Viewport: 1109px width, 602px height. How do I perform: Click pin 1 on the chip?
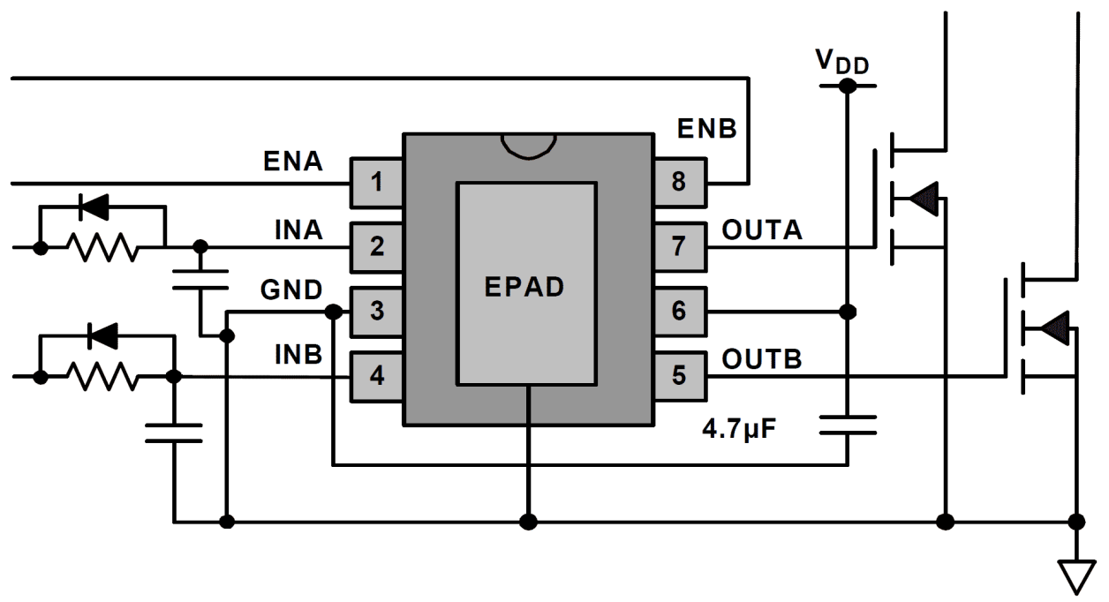click(377, 183)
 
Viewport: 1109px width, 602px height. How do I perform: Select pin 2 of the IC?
click(377, 246)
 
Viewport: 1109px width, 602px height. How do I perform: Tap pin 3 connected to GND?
click(377, 312)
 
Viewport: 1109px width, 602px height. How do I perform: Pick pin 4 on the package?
click(377, 376)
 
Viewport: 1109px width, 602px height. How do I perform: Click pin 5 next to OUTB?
click(678, 376)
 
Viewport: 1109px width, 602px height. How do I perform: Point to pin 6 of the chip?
click(678, 312)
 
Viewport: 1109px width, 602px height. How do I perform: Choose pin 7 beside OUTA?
click(678, 246)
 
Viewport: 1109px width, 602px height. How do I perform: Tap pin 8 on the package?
click(678, 183)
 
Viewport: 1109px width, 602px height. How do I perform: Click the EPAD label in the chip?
click(524, 288)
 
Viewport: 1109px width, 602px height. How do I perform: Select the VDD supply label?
click(840, 62)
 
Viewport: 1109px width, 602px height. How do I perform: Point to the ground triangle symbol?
click(1076, 578)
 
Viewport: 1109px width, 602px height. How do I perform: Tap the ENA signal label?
click(293, 162)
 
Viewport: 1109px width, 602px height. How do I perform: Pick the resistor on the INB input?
click(105, 377)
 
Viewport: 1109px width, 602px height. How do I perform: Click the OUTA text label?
click(762, 230)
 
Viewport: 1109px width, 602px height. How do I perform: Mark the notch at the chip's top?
click(527, 147)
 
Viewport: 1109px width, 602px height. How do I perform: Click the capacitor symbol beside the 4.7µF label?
click(847, 425)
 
